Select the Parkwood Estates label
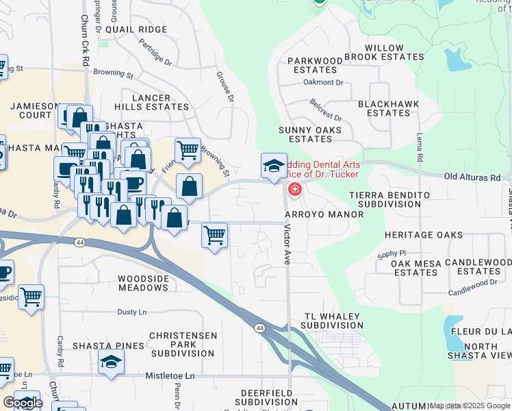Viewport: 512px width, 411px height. pos(315,65)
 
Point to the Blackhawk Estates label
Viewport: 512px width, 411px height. pos(384,108)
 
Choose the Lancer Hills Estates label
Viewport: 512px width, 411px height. pos(151,103)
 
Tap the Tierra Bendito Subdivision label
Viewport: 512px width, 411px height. pos(389,199)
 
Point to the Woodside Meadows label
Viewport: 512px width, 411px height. pos(143,283)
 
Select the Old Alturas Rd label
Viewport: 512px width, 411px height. pos(472,177)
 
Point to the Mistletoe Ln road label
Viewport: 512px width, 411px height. pos(170,376)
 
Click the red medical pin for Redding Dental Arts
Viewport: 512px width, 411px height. pos(295,188)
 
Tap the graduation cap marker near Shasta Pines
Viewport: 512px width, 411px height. pos(111,362)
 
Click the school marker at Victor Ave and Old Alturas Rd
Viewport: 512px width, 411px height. pos(274,166)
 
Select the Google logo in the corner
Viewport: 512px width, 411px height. pos(23,403)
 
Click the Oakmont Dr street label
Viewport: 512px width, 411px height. pos(323,82)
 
